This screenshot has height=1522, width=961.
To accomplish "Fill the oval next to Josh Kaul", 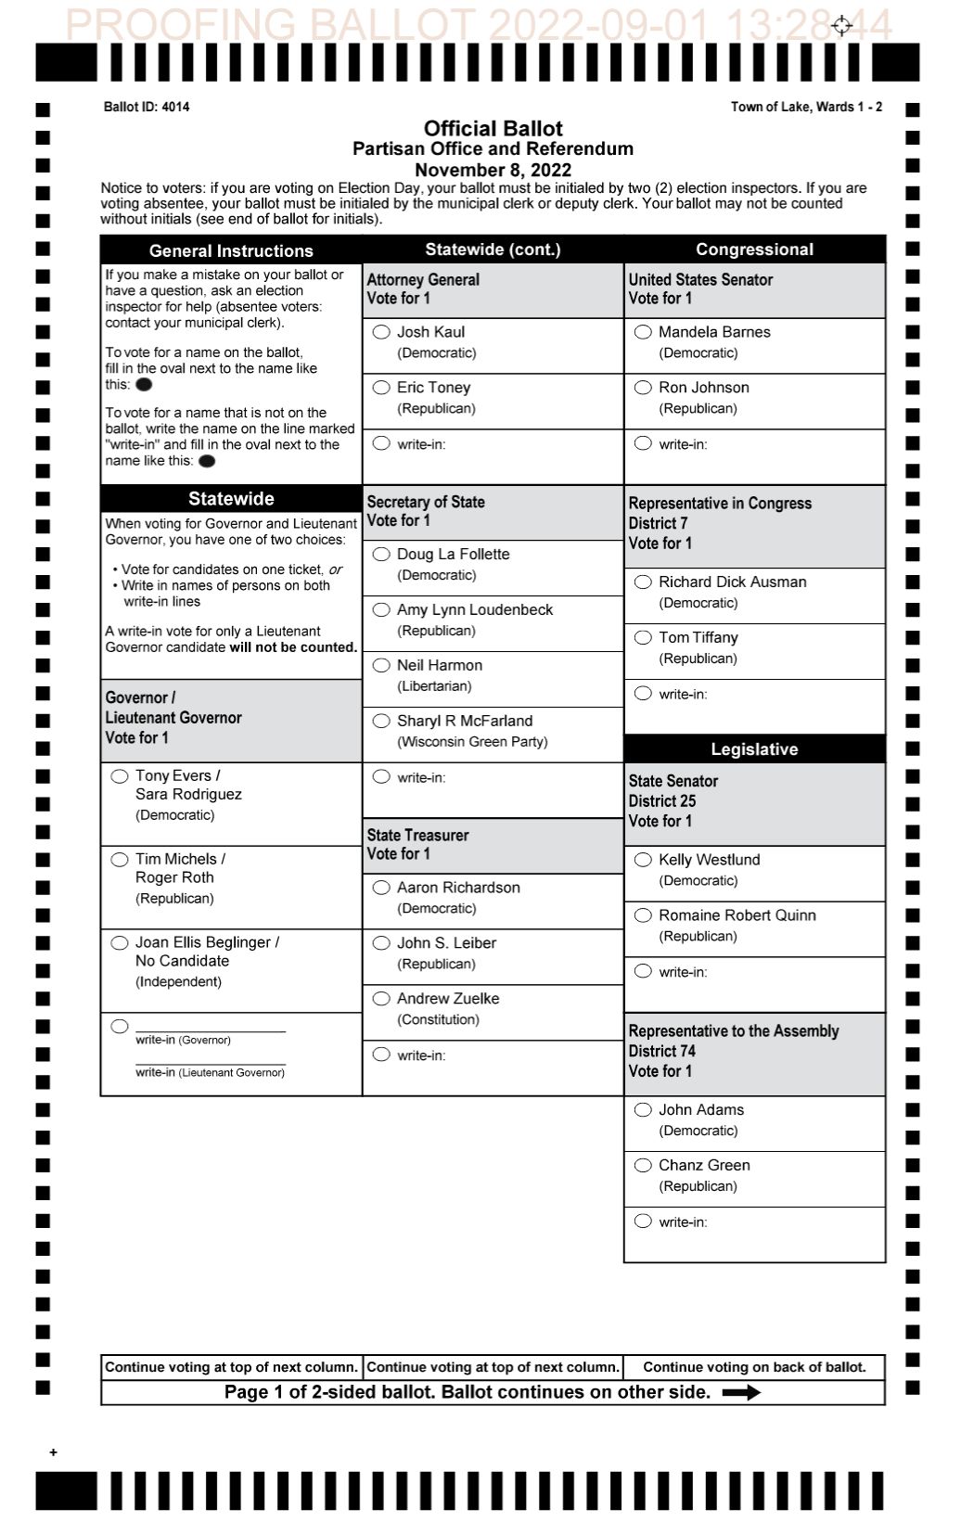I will tap(381, 332).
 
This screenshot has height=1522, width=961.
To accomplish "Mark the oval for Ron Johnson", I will tap(643, 388).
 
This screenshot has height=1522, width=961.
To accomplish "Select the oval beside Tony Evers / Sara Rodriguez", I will tap(120, 776).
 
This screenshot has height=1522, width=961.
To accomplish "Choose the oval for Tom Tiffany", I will tap(643, 638).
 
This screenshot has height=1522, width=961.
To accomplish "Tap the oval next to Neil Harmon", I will tap(381, 665).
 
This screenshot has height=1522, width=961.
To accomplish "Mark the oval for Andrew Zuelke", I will tap(381, 999).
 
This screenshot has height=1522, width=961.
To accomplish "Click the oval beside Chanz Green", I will tap(643, 1166).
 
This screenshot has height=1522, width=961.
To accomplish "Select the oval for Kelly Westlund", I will tap(643, 860).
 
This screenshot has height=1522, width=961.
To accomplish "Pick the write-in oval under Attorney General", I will tap(381, 443).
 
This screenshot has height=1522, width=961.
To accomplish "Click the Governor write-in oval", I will tap(120, 1027).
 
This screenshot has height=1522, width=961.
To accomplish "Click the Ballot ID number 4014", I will tap(175, 107).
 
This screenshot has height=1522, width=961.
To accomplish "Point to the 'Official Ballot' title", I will tap(493, 129).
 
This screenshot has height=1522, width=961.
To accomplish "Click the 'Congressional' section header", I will tap(754, 249).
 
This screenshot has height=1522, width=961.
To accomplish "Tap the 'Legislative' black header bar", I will tap(754, 749).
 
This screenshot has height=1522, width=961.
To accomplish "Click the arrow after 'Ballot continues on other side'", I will tap(741, 1392).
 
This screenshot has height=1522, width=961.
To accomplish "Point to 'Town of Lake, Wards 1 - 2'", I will tap(806, 107).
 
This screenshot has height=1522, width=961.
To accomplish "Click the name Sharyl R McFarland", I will tap(465, 721).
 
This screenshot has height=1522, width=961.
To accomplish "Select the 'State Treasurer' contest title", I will tap(417, 835).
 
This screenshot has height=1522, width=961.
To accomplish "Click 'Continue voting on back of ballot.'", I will tap(754, 1367).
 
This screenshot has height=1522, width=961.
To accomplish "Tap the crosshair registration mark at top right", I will tap(841, 25).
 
